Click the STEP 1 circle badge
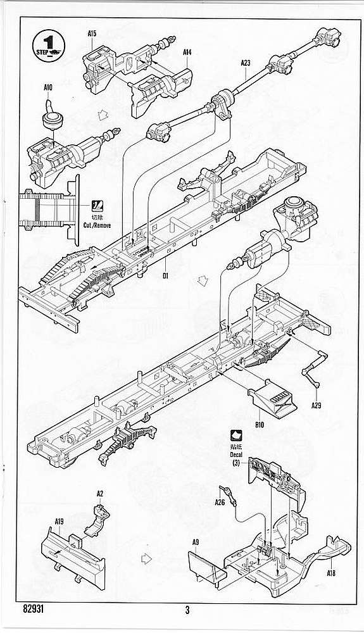pos(48,46)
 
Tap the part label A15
pos(92,34)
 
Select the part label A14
pos(187,52)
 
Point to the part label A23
pos(246,63)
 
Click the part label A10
pos(47,87)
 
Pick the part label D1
pos(165,276)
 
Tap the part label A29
pos(317,405)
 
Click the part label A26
pos(220,502)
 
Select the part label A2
pos(100,493)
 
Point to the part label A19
pos(59,522)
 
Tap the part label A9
pos(196,542)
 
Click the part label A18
pos(331,573)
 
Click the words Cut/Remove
pos(97,225)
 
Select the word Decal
pos(236,455)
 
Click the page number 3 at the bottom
pos(187,610)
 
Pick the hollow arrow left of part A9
pos(146,559)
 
